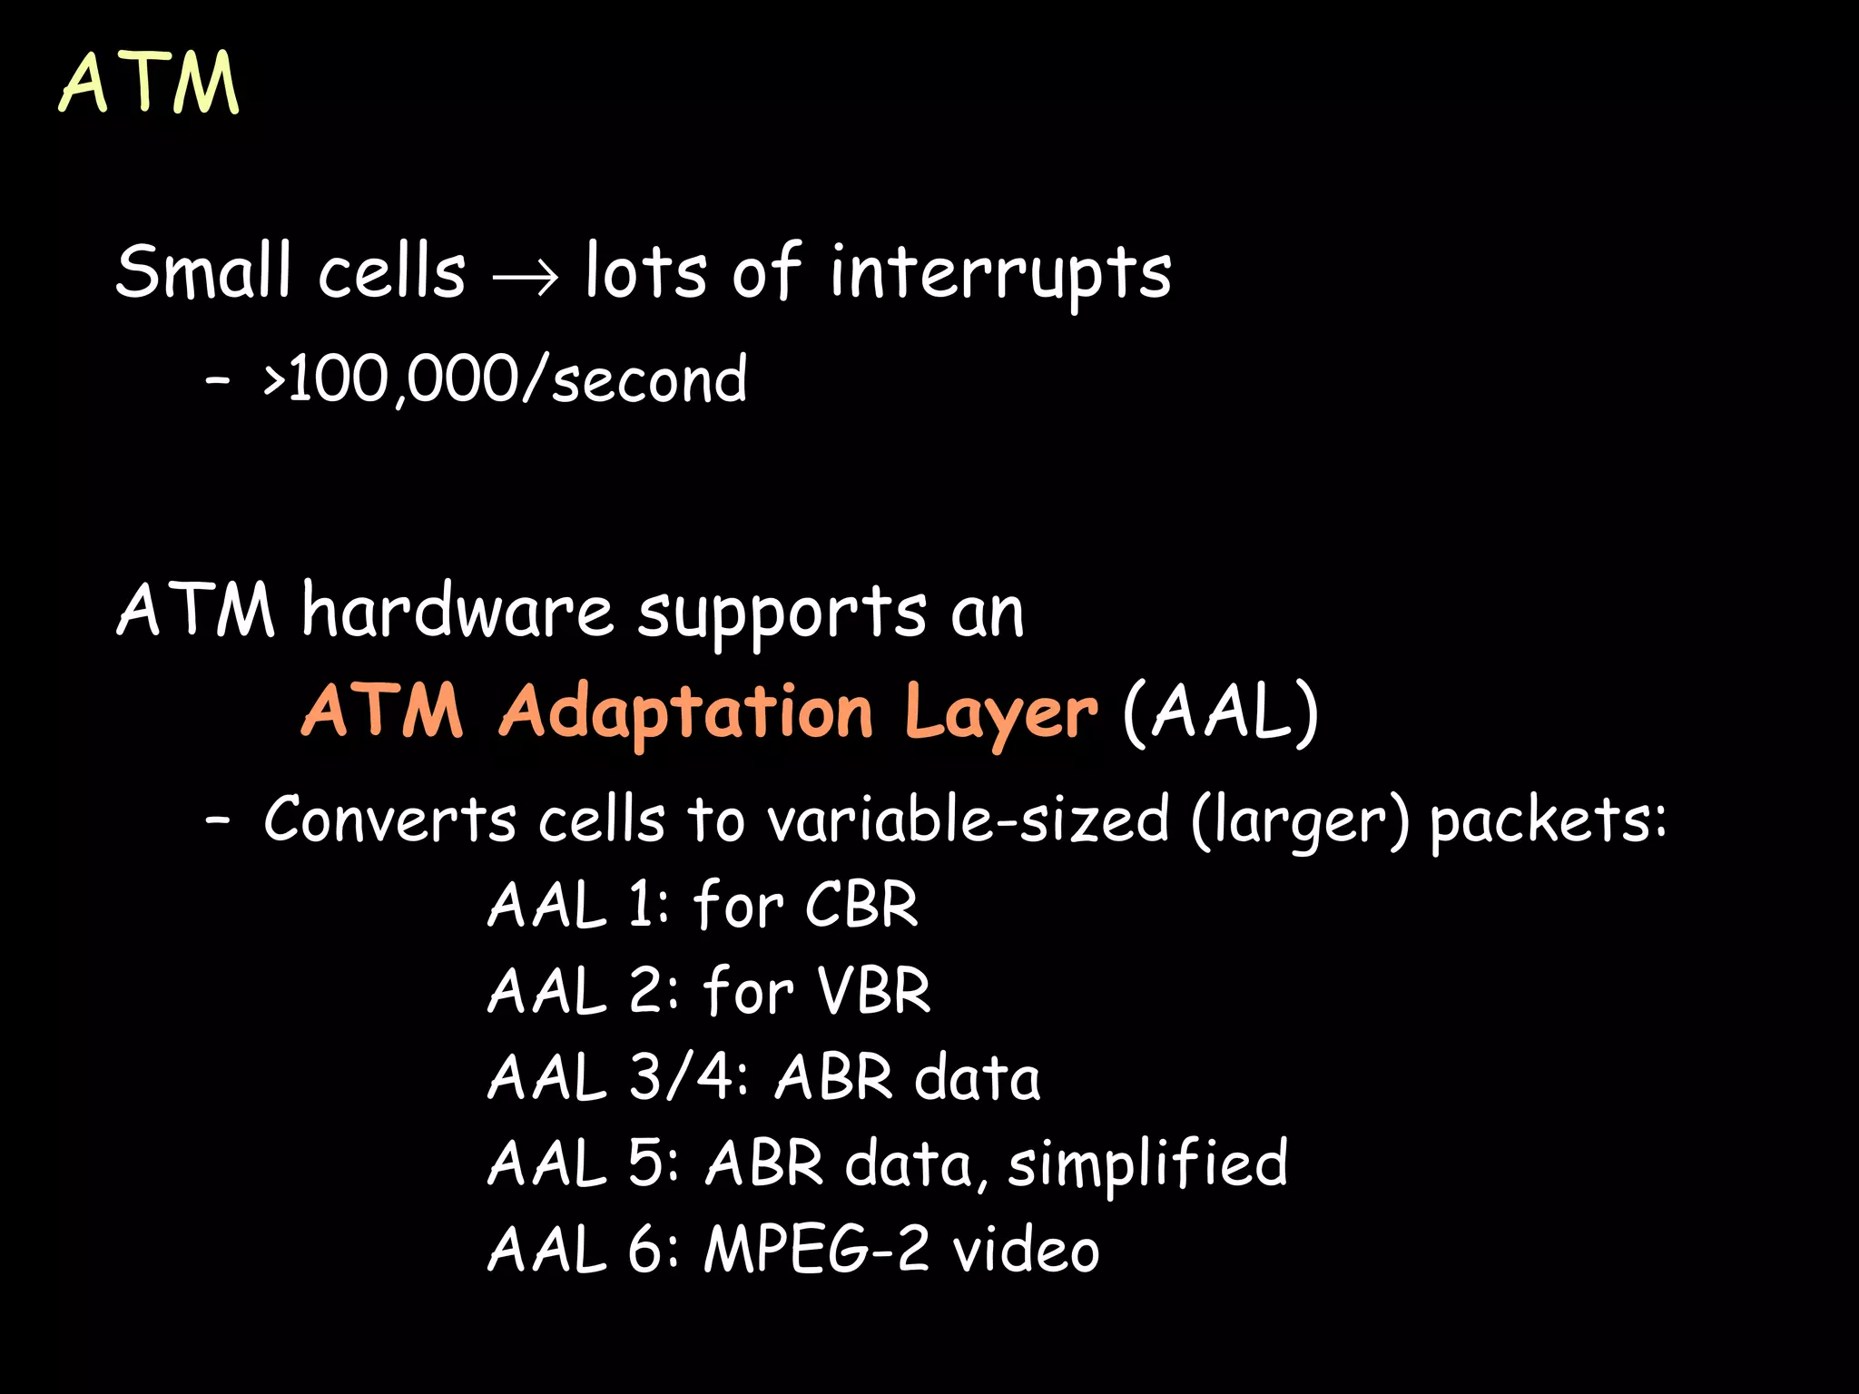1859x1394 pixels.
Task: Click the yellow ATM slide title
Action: (150, 83)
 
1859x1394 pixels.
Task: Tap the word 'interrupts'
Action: (1000, 272)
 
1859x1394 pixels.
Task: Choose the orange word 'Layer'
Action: (1000, 713)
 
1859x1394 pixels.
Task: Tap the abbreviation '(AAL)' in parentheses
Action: (1220, 712)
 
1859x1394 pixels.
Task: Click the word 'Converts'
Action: (390, 820)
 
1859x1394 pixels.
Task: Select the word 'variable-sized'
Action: (969, 820)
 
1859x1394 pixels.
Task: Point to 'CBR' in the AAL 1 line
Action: (861, 905)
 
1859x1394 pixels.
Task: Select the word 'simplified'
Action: (1147, 1163)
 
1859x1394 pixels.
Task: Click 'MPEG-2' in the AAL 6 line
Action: (816, 1249)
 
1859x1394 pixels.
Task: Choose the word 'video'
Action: (1026, 1249)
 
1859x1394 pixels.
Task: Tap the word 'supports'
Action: (782, 614)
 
